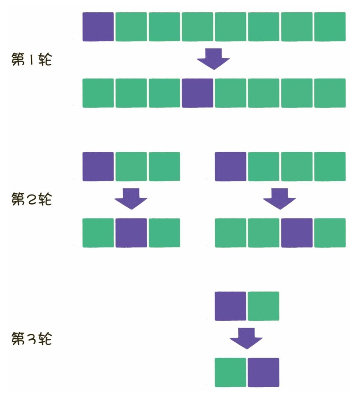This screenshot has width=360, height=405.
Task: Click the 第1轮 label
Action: coord(32,60)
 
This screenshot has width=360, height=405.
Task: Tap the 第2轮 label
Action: coord(32,199)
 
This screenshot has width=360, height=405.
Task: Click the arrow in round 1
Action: coord(214,58)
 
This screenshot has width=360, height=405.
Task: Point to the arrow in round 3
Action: coord(246,338)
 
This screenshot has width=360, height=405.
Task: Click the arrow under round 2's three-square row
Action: coord(131,198)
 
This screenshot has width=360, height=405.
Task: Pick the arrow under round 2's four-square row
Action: coord(279,198)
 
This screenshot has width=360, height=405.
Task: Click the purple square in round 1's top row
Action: coord(98,27)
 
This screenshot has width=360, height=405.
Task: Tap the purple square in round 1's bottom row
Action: coord(197,93)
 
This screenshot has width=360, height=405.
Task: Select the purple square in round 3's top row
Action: coord(230,306)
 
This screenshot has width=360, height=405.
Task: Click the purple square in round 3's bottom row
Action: coord(263,372)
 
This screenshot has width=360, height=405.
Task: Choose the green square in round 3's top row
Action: coord(263,306)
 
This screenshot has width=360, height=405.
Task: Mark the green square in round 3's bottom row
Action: coord(230,372)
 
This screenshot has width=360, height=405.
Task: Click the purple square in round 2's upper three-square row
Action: coord(98,166)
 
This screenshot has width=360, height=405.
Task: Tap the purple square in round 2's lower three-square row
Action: coord(131,233)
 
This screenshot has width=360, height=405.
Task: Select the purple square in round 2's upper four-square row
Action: coord(230,166)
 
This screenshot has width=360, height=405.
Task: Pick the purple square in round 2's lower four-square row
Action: coord(297,233)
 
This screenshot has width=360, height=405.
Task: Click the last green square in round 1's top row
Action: coord(330,27)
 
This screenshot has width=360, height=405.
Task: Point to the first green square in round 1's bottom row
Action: coord(98,93)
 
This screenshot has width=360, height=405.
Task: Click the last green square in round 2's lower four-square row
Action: coord(330,233)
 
